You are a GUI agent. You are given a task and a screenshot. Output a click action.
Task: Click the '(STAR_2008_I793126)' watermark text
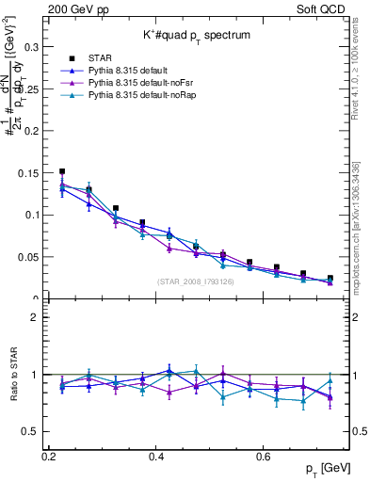199,281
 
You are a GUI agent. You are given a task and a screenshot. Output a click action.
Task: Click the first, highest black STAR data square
62,172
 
